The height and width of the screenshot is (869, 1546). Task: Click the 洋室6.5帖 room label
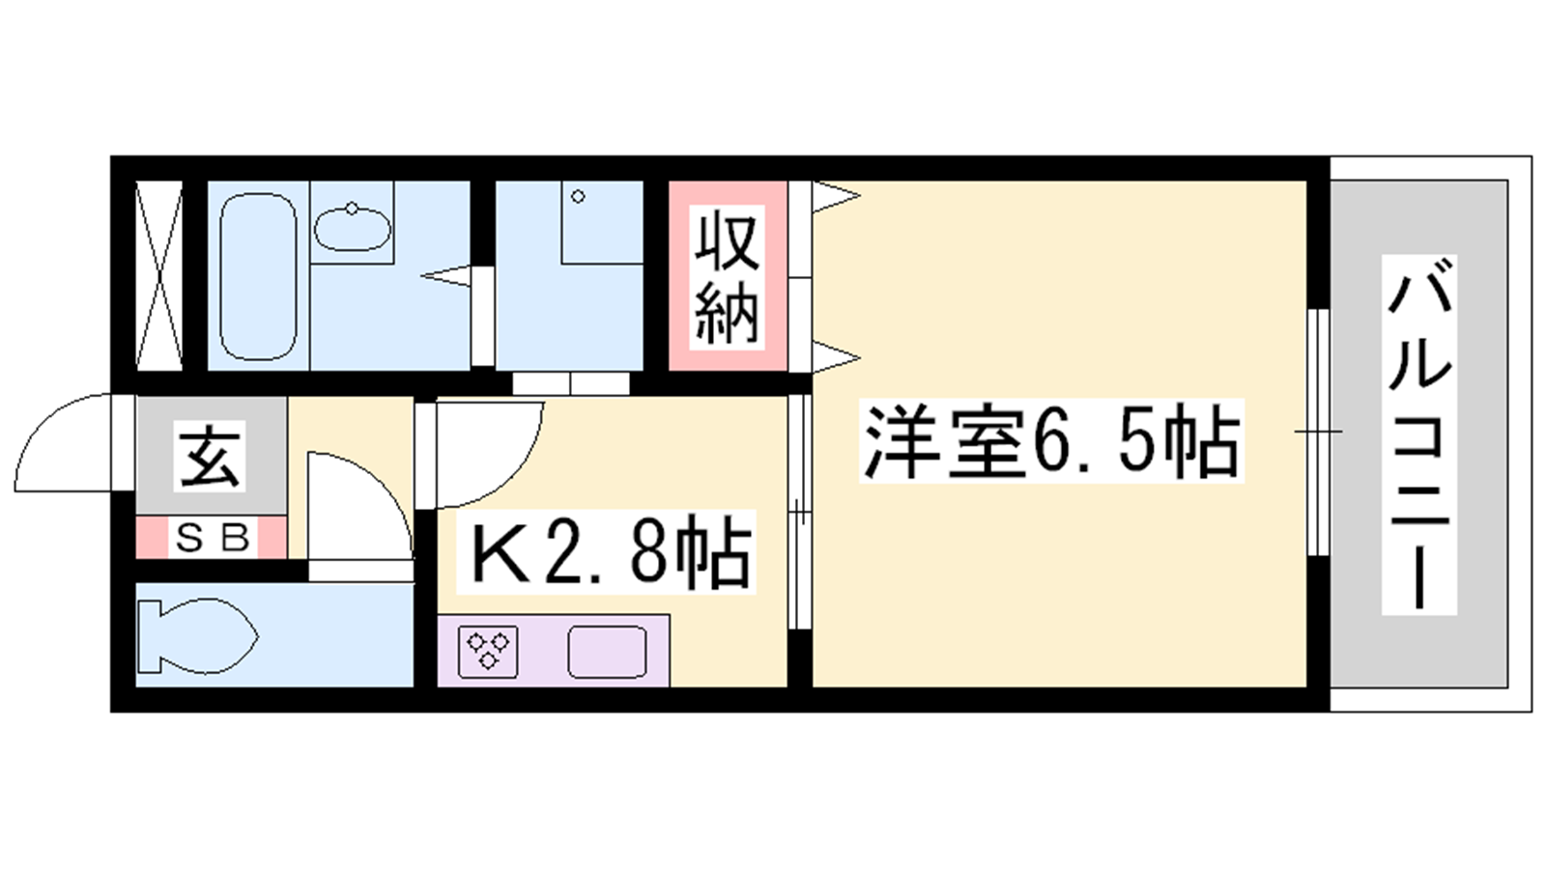[1050, 440]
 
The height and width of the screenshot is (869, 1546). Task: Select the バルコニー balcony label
[1419, 434]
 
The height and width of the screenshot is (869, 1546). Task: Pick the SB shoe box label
[212, 538]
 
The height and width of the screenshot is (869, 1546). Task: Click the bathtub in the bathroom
[258, 276]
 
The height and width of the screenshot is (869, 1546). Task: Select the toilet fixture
[197, 636]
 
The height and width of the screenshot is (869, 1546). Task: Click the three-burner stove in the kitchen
[488, 652]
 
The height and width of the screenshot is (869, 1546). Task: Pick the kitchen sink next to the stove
[608, 652]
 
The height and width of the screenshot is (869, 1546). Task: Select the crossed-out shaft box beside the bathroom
[159, 275]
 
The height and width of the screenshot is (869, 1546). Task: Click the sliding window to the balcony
[1318, 432]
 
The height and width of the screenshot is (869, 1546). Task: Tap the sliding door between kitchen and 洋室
[799, 512]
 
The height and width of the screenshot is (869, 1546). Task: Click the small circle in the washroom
[579, 197]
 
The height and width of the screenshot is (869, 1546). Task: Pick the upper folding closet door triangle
[837, 197]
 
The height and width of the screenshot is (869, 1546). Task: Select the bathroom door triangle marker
[445, 276]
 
